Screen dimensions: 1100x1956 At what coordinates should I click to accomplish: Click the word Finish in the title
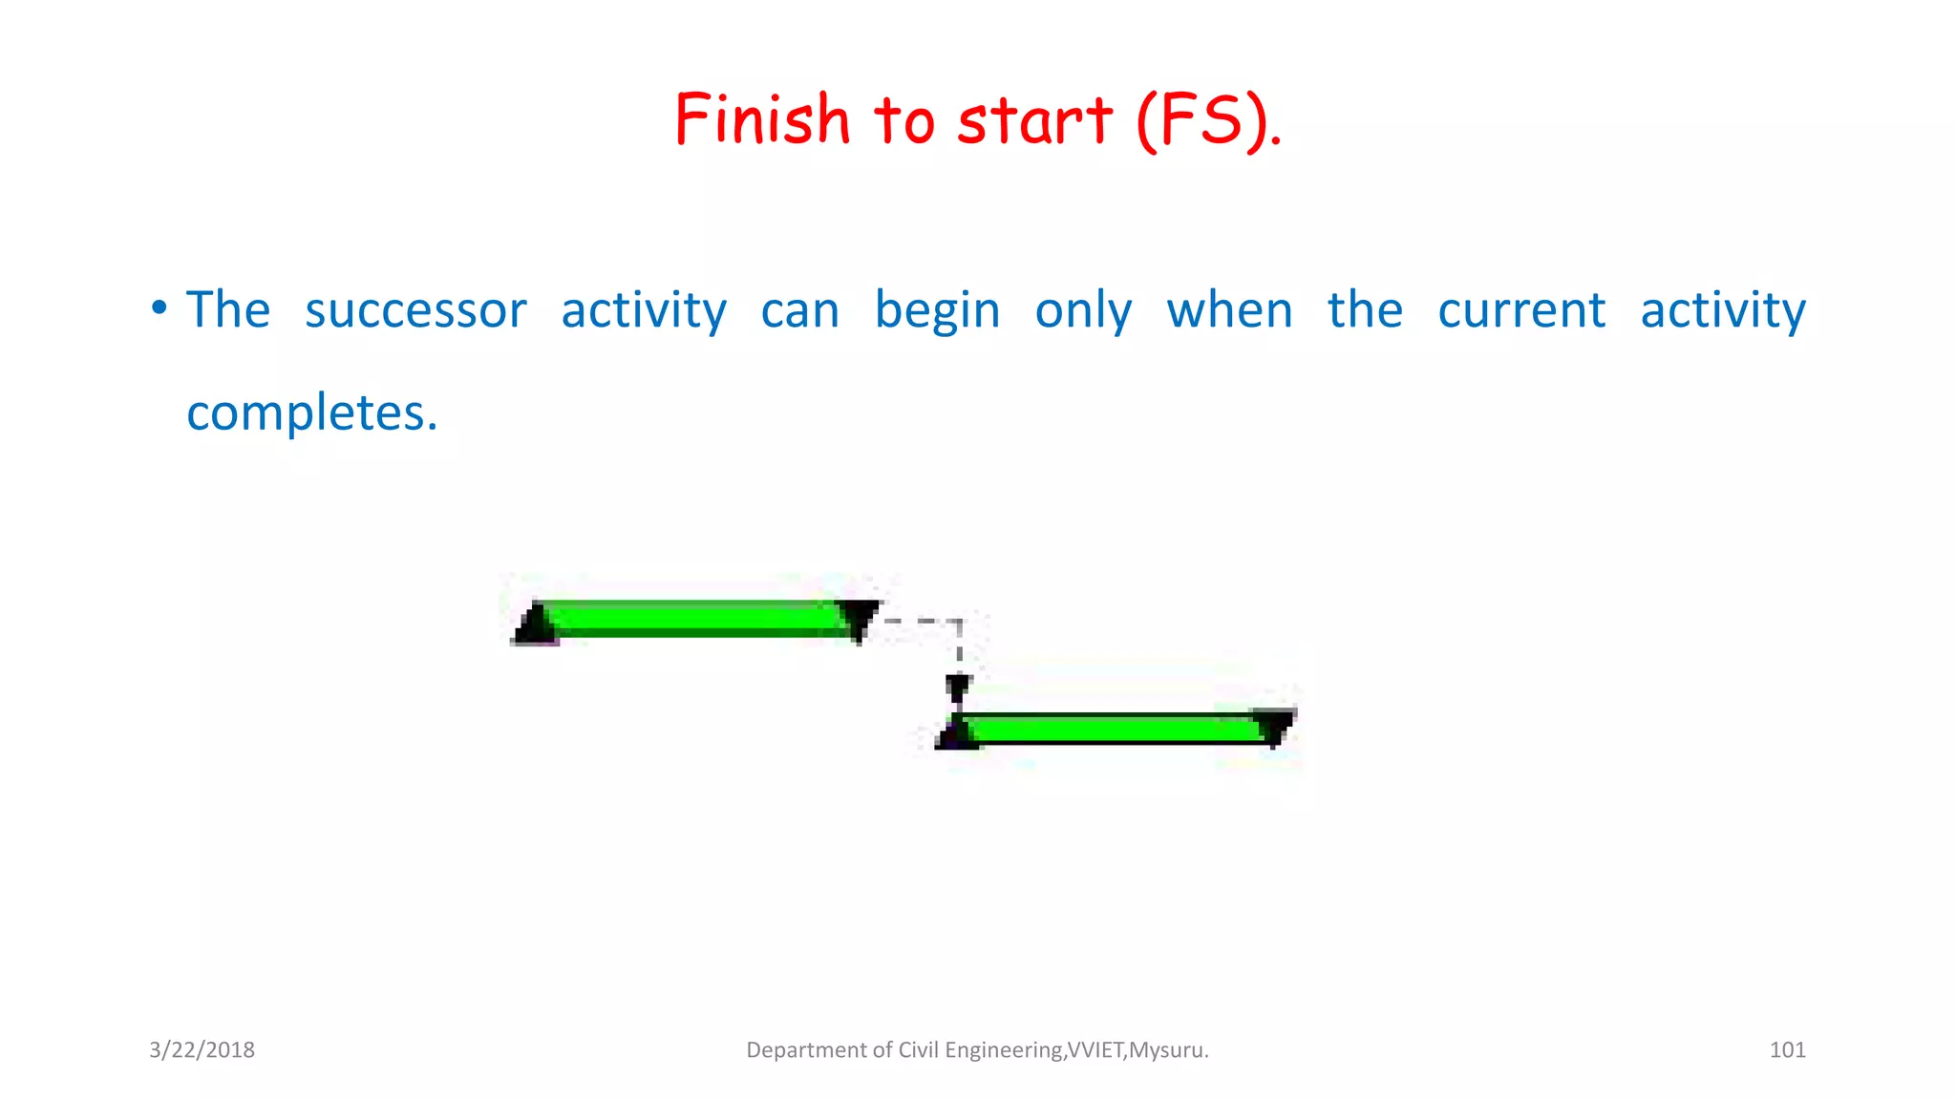pos(761,120)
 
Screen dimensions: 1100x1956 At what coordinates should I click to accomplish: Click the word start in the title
pos(1034,122)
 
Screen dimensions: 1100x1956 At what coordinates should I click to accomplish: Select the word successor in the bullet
pos(415,311)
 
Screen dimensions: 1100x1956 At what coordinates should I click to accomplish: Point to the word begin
pos(937,311)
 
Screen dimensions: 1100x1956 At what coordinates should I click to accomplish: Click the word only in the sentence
pos(1083,311)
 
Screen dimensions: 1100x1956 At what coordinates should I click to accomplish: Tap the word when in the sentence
pos(1229,311)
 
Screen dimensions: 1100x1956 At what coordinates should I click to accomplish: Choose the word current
pos(1521,311)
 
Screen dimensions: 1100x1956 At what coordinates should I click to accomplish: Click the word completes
pos(311,413)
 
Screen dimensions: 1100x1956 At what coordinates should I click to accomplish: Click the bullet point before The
pos(159,308)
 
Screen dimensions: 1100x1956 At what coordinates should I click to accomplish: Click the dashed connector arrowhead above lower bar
pos(958,687)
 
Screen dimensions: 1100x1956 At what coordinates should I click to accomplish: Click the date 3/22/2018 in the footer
pos(202,1050)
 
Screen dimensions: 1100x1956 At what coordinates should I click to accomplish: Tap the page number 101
pos(1787,1050)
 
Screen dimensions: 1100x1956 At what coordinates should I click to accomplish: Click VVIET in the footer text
pos(1095,1050)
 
